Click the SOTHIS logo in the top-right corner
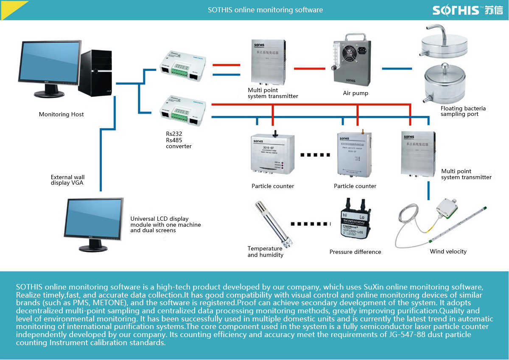[467, 10]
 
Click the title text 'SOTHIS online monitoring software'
[265, 10]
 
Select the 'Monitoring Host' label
[62, 114]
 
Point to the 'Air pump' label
[355, 93]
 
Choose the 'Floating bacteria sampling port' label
[463, 111]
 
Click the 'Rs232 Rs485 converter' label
[179, 140]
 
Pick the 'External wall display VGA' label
[67, 180]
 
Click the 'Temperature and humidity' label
[265, 252]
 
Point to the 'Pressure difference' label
[355, 252]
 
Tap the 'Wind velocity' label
[448, 251]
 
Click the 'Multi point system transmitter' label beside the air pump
[273, 93]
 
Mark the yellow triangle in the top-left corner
[10, 8]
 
